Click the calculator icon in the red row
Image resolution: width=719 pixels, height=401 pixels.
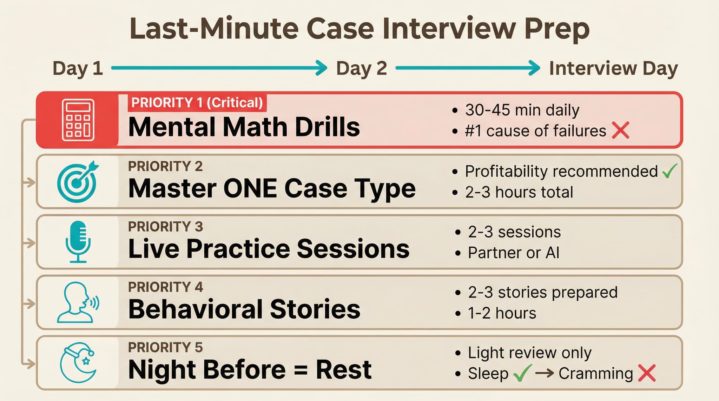click(x=78, y=120)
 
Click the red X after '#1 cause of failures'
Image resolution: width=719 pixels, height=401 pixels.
click(x=620, y=131)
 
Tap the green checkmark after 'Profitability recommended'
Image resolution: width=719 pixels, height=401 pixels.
click(x=669, y=171)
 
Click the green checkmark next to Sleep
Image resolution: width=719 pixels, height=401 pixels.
click(x=522, y=373)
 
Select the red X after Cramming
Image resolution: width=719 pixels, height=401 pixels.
click(x=647, y=373)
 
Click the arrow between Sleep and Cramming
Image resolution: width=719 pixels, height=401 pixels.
click(x=545, y=373)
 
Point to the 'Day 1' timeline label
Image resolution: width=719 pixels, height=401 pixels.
click(x=78, y=68)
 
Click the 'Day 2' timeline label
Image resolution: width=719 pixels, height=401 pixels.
click(x=361, y=68)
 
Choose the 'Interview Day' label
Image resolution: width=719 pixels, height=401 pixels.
click(x=613, y=68)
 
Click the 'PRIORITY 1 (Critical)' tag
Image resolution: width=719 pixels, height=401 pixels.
click(x=197, y=103)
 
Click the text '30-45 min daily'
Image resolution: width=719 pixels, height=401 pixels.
click(x=522, y=110)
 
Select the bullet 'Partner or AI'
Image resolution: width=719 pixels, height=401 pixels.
click(x=513, y=253)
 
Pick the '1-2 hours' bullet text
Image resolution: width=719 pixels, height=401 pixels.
click(x=502, y=313)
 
